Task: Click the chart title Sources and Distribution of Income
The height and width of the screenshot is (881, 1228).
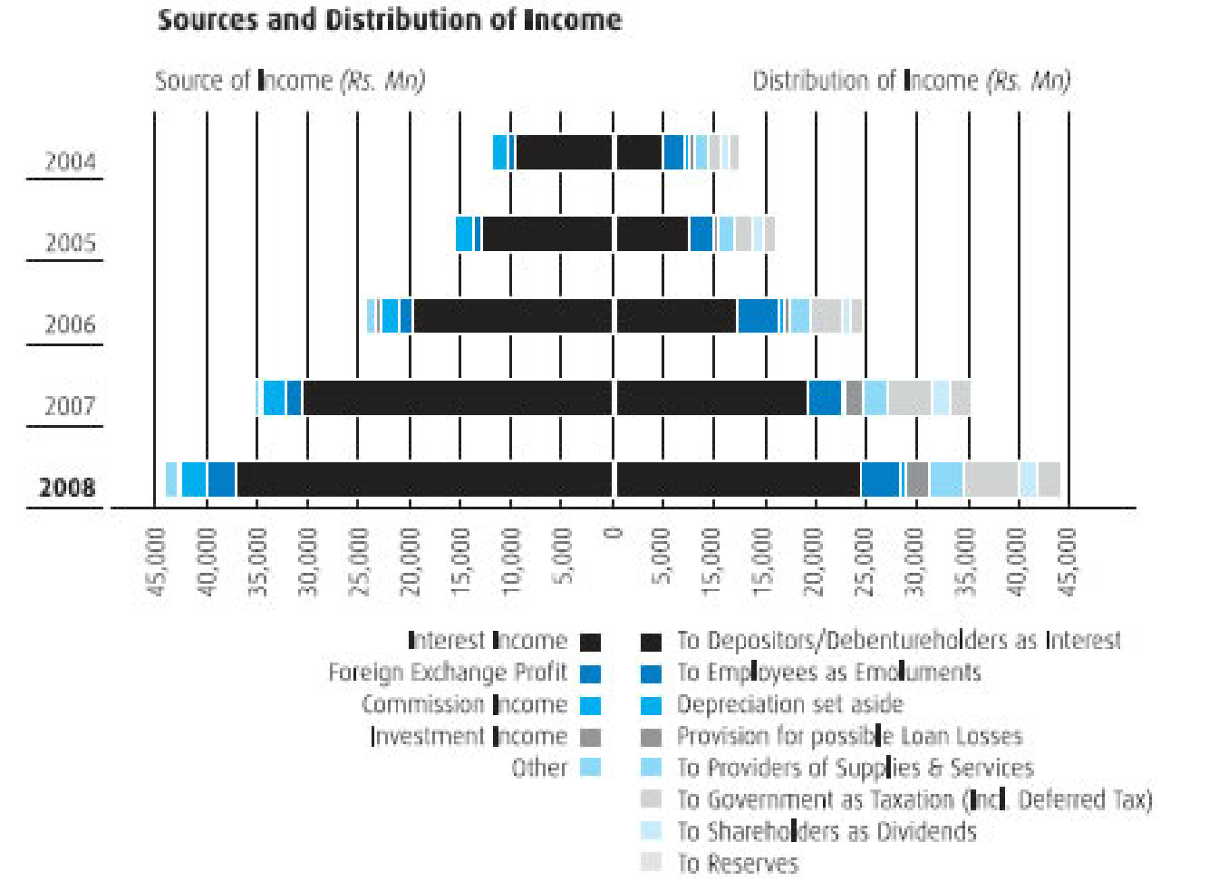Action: (390, 20)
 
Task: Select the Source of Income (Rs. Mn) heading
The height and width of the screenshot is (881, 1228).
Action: (289, 82)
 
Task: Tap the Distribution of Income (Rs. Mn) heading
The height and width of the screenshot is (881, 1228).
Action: (911, 82)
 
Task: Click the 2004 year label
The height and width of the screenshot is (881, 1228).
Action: (70, 161)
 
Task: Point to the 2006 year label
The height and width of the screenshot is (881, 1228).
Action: (70, 324)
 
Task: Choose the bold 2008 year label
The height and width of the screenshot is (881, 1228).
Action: (67, 488)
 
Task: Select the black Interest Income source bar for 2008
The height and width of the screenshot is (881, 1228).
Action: (424, 479)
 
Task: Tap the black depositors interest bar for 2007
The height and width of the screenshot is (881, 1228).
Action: (711, 398)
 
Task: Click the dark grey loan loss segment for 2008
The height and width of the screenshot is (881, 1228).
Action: (917, 479)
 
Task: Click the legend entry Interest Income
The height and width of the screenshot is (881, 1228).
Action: (488, 641)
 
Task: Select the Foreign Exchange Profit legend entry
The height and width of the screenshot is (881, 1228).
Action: (448, 673)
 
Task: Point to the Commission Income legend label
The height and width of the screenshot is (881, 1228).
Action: (464, 704)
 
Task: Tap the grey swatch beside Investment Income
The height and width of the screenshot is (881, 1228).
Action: (590, 737)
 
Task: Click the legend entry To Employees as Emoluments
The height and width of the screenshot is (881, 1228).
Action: (828, 673)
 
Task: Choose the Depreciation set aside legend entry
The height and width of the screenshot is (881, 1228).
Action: (789, 704)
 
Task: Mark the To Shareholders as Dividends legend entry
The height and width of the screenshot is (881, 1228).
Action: (827, 831)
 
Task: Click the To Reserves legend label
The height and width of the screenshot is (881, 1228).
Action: (738, 863)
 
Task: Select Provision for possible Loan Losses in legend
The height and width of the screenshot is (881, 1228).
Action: (849, 736)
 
